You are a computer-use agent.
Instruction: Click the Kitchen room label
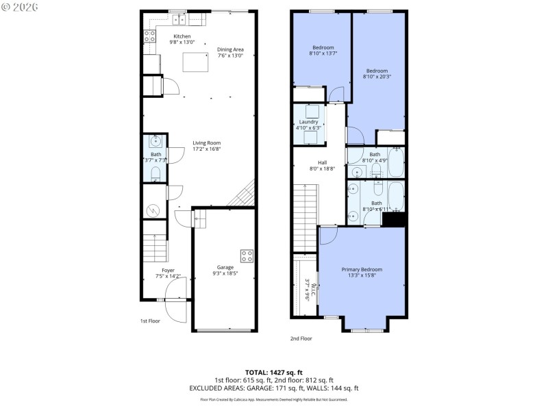182,36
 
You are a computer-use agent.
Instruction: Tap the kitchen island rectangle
195,64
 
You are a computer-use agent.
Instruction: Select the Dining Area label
230,49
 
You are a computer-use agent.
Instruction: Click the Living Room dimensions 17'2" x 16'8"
206,149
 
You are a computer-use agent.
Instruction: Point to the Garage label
225,267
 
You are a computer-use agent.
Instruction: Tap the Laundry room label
309,121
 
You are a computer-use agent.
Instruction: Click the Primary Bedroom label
362,270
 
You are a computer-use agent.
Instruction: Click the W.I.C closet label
308,290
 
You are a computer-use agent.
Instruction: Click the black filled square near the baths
394,219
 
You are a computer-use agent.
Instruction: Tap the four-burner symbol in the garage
247,256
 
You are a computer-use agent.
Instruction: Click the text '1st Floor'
150,320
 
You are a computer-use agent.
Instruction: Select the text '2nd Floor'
301,338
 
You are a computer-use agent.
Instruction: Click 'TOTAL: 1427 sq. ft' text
273,373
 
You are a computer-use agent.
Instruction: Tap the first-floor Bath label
156,155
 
